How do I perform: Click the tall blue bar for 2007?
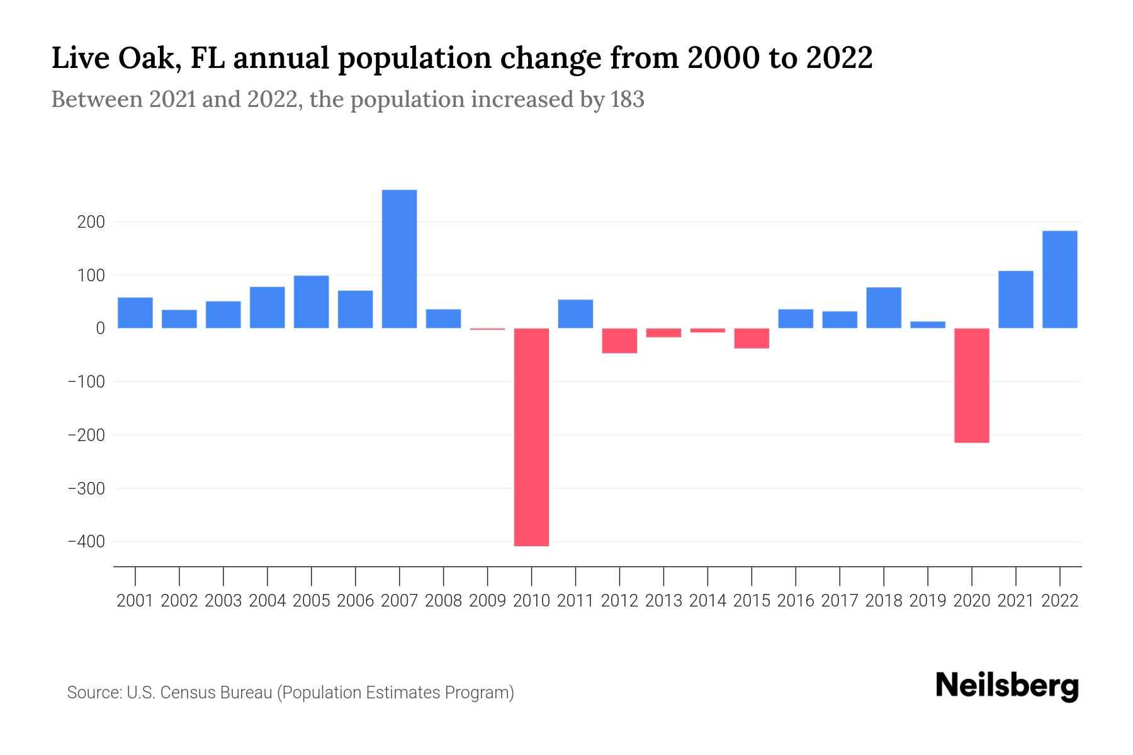(399, 259)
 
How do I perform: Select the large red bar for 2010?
(531, 437)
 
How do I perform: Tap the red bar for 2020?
(971, 385)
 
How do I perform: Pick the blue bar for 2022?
(1059, 279)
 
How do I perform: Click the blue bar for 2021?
(1015, 299)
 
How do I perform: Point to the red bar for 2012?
(619, 340)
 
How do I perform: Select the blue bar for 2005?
(311, 302)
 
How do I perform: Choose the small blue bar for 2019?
(927, 325)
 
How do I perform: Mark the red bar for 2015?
(752, 338)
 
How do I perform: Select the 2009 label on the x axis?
(487, 601)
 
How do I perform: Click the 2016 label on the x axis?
(796, 601)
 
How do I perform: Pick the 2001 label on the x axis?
(135, 601)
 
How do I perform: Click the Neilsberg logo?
(1006, 686)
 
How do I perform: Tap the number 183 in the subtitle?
(627, 99)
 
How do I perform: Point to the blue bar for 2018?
(883, 308)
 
